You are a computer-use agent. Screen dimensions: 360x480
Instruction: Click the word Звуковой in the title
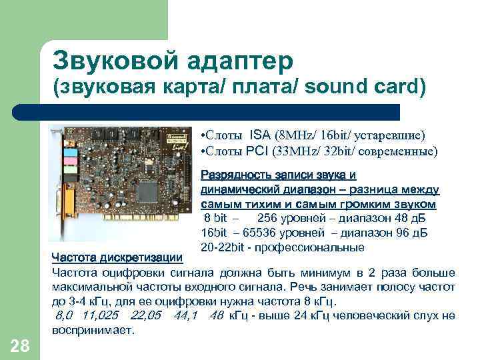(102, 61)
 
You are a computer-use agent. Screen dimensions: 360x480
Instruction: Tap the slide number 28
(20, 345)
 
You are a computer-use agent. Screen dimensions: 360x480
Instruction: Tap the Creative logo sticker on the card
(175, 137)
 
